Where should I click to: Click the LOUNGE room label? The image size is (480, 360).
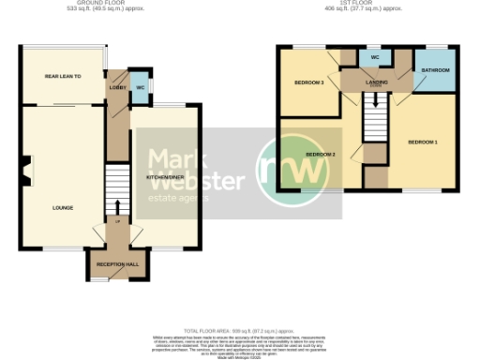64,207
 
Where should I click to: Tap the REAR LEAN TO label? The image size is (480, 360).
64,76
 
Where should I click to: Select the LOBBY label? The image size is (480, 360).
118,87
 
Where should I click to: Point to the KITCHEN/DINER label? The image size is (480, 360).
164,176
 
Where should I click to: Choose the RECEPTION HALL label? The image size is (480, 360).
116,265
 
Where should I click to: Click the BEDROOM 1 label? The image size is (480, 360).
422,142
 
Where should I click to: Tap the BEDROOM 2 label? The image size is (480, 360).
321,154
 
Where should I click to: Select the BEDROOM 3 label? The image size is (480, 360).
308,82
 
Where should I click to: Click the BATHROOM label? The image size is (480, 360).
435,71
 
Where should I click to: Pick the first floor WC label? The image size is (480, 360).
374,57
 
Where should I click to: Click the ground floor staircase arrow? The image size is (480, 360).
117,207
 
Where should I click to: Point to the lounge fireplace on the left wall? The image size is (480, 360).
26,168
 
